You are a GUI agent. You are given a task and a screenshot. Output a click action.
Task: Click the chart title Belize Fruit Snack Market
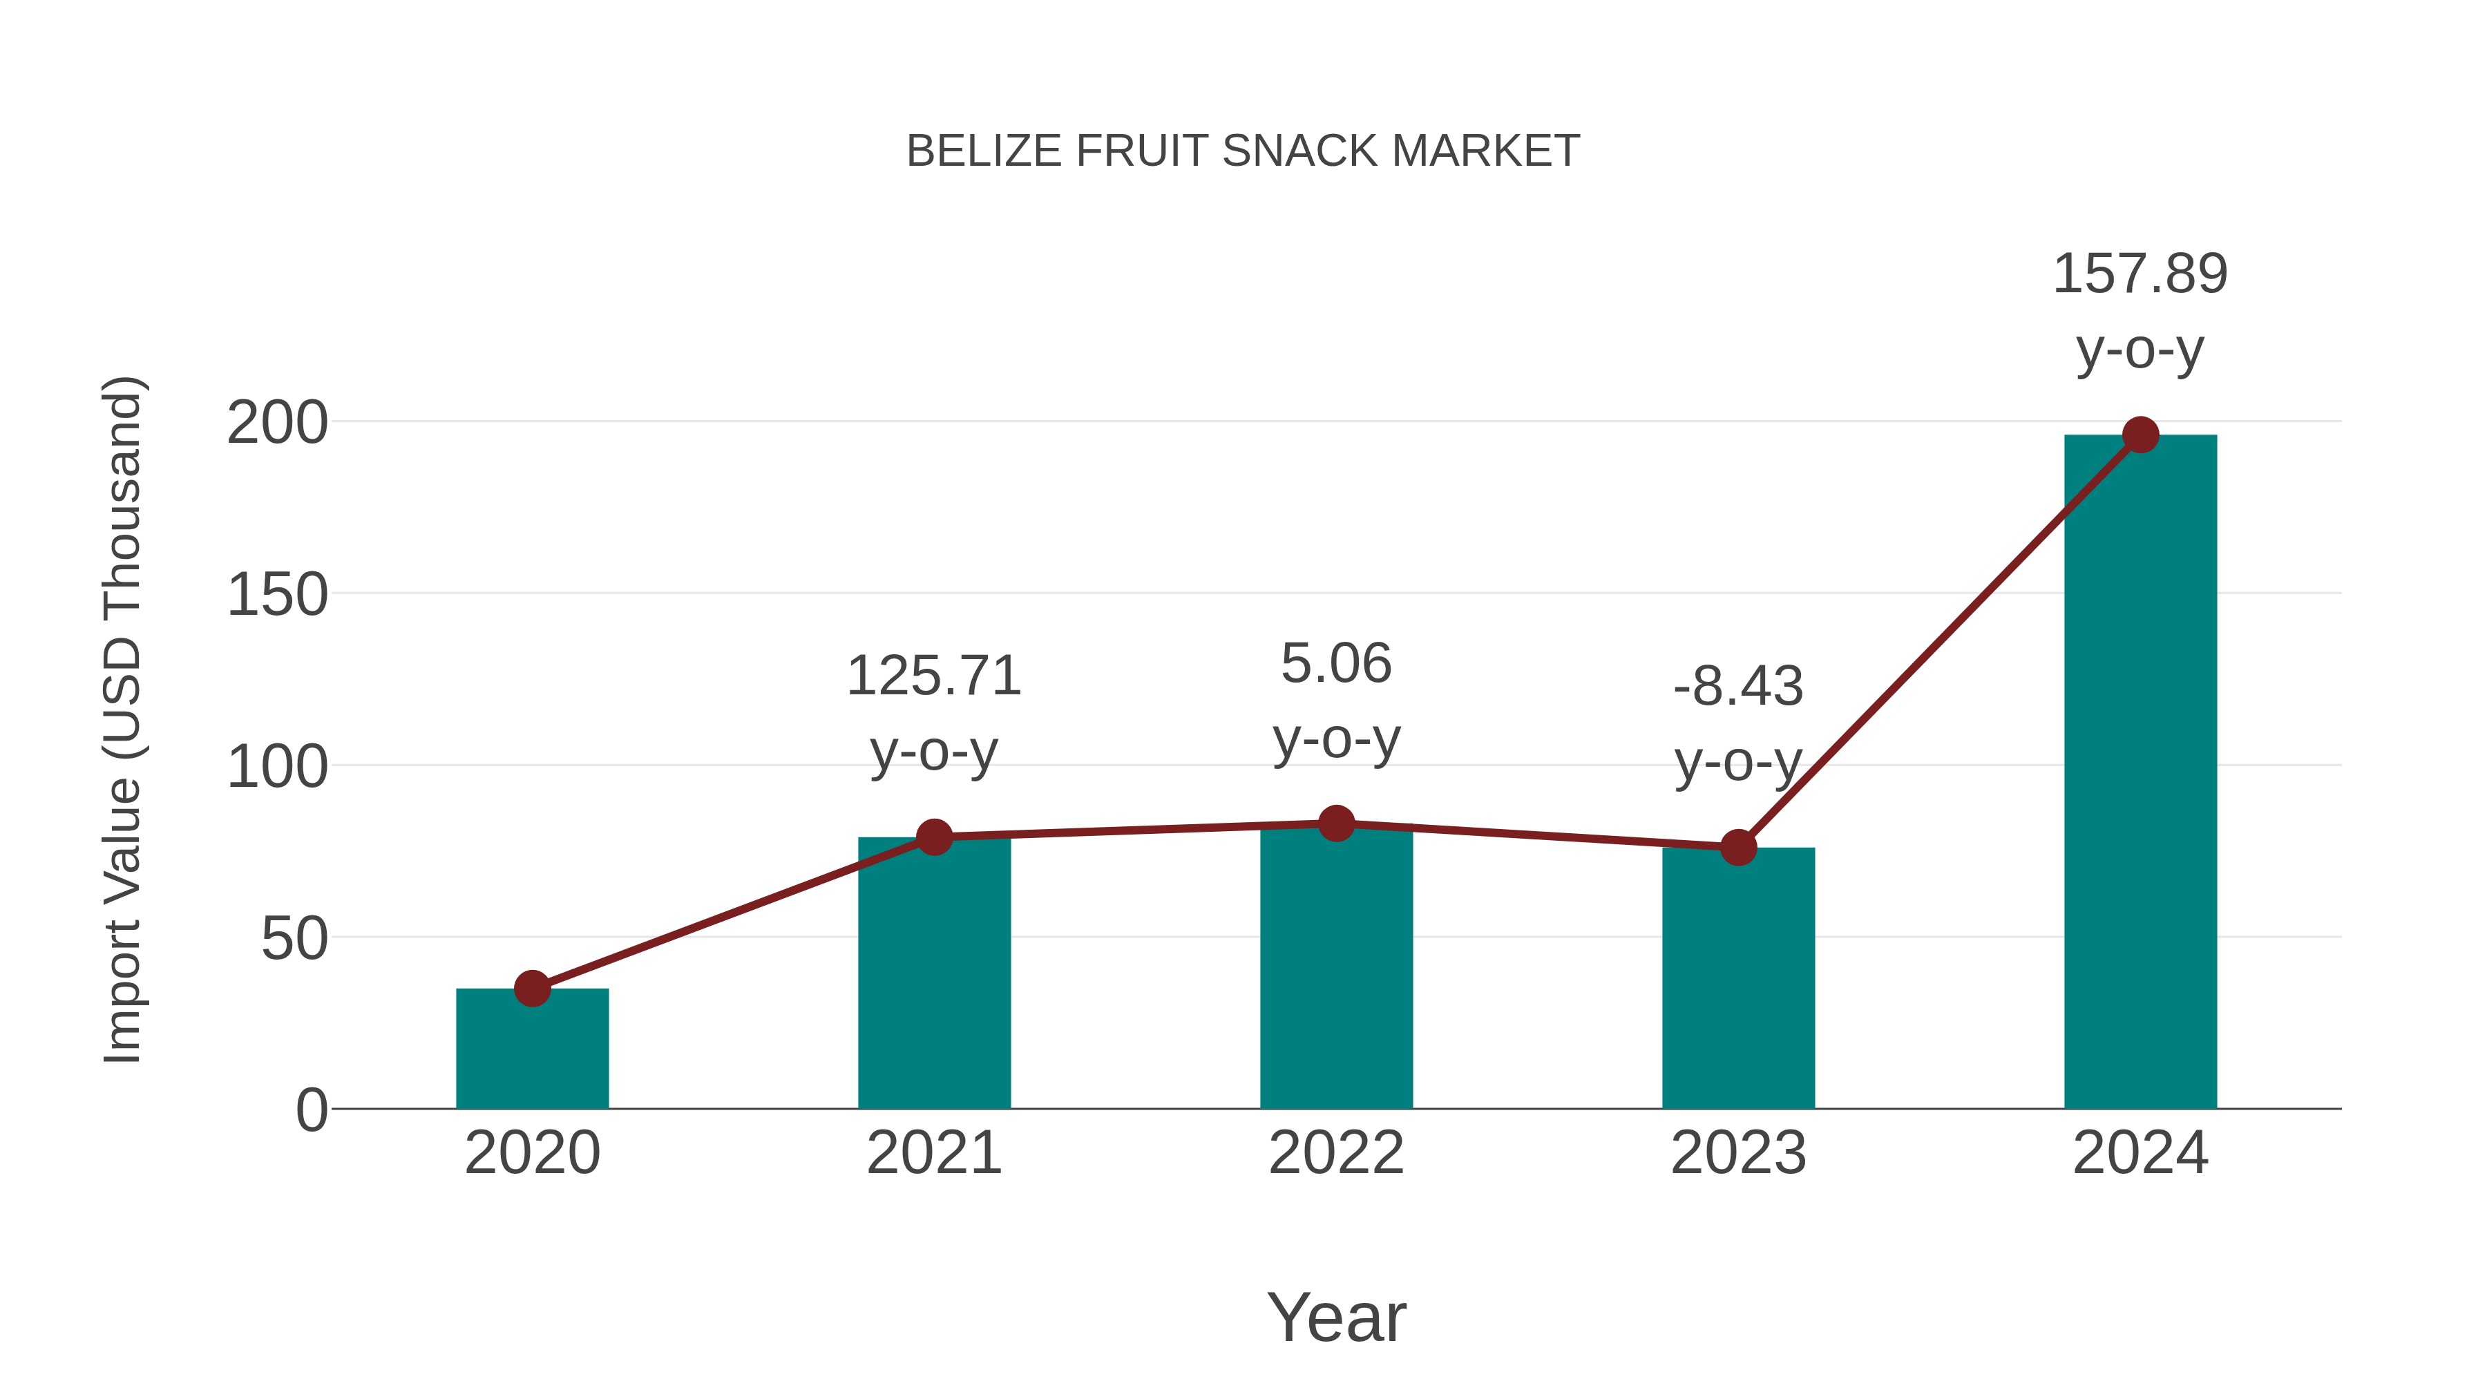pos(1243,151)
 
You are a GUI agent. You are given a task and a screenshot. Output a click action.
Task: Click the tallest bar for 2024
pos(2140,772)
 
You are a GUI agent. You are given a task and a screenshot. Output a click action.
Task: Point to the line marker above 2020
pos(532,989)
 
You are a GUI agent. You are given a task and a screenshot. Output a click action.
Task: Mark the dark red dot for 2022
pos(1335,824)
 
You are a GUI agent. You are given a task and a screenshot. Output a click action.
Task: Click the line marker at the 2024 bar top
pos(2140,435)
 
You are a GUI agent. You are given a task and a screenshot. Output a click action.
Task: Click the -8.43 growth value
pos(1738,687)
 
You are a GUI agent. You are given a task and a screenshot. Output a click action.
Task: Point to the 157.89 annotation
pos(2140,274)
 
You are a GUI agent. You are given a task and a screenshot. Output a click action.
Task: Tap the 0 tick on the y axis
pos(311,1110)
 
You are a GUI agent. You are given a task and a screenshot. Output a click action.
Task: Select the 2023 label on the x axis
pos(1738,1153)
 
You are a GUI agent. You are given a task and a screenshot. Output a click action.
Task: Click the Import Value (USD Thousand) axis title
pos(124,719)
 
